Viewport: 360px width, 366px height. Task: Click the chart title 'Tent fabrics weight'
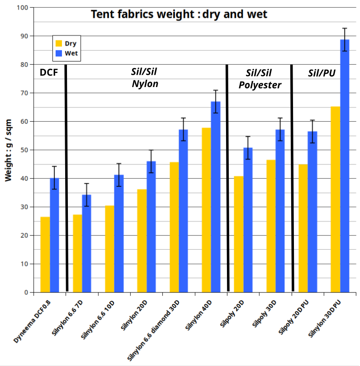(143, 14)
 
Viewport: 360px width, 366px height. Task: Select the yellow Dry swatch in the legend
(59, 43)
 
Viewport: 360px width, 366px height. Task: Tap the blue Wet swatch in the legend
(59, 53)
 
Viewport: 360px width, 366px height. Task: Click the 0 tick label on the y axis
(26, 293)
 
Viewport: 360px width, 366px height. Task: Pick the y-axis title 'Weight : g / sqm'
(8, 150)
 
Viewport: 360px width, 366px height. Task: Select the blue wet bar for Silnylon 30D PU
(345, 166)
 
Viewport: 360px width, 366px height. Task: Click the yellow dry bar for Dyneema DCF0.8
(45, 255)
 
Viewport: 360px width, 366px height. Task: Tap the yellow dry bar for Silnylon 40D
(206, 210)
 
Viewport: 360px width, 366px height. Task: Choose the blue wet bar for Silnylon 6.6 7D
(87, 243)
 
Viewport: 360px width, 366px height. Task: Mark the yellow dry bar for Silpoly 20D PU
(303, 228)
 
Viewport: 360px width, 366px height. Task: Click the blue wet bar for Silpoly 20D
(248, 220)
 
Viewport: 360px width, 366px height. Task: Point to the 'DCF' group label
(49, 72)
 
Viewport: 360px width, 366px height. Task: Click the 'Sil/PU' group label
(322, 73)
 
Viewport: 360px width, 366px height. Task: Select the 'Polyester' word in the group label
(260, 85)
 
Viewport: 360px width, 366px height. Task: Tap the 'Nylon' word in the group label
(145, 84)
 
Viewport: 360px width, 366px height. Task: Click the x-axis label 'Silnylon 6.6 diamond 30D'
(153, 330)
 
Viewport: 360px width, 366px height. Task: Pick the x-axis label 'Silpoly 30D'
(264, 314)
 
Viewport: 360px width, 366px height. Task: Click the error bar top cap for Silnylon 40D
(216, 90)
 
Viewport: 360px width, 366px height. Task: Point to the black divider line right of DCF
(67, 178)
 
